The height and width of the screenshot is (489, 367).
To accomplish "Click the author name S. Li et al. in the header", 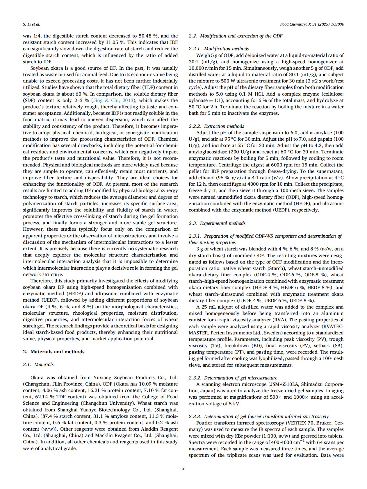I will (x=31, y=24).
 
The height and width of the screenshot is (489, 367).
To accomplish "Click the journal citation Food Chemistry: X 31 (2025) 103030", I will (x=312, y=24).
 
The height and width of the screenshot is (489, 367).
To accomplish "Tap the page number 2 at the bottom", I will (x=183, y=468).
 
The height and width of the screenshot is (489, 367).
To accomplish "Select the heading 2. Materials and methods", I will (x=54, y=352).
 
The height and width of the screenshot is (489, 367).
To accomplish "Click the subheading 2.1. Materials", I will (x=38, y=364).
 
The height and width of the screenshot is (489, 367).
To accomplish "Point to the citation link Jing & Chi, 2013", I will (x=113, y=101).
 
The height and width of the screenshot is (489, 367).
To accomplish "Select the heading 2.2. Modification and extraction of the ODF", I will (x=235, y=36).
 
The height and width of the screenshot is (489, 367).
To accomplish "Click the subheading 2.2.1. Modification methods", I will (x=219, y=49).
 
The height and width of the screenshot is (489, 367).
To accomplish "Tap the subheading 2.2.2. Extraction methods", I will (x=216, y=126).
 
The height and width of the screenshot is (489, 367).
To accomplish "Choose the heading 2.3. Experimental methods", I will (x=217, y=223).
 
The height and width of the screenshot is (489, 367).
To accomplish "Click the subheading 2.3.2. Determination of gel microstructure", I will (x=233, y=378).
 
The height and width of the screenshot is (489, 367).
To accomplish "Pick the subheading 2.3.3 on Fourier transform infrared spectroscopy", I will (x=259, y=416).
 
